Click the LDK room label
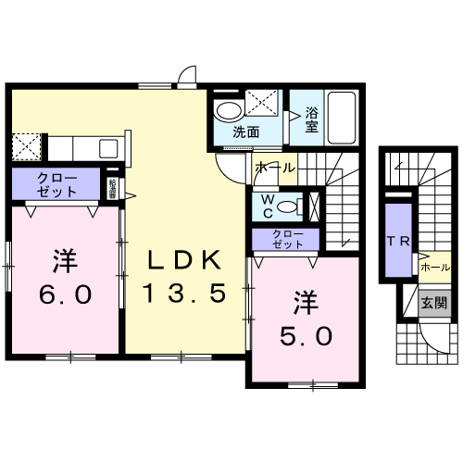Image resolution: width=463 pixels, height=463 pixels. tap(183, 259)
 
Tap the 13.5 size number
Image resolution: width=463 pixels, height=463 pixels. tap(183, 294)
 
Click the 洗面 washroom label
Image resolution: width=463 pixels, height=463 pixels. tap(245, 131)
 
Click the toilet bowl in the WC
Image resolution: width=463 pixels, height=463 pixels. tap(288, 206)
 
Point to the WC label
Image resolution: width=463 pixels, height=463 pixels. tap(267, 206)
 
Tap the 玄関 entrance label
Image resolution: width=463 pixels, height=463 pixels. tap(432, 302)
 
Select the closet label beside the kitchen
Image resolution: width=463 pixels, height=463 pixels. tap(57, 183)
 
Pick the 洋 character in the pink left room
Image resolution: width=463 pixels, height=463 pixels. tap(63, 261)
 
